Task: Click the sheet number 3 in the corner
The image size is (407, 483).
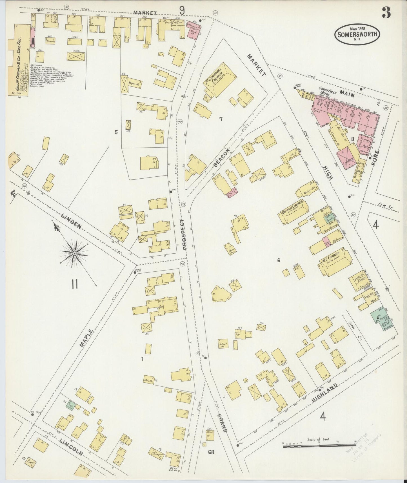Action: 386,13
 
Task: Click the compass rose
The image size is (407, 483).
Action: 74,253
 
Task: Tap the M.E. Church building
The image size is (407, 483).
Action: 335,262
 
